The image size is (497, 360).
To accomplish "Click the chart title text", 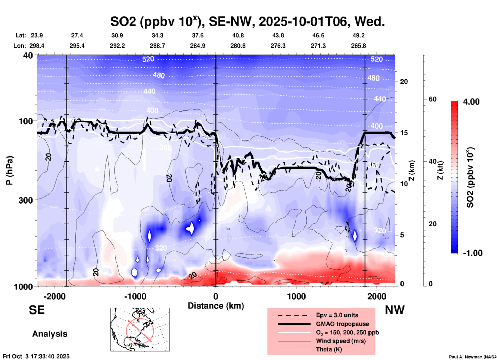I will [x=247, y=21].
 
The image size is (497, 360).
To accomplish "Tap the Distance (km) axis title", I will [x=216, y=306].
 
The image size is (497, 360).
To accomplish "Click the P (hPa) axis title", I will [x=10, y=170].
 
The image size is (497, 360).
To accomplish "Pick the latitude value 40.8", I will [x=238, y=35].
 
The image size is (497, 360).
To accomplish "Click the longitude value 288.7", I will [x=157, y=46].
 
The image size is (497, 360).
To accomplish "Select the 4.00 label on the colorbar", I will [x=471, y=101].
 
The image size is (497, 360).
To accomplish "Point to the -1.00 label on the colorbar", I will [x=472, y=253].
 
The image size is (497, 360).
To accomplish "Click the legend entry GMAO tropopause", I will [x=342, y=324].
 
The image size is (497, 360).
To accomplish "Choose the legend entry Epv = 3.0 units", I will [x=337, y=315].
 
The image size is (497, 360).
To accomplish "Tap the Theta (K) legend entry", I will [x=329, y=349].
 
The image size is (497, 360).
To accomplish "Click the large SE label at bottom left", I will [x=37, y=310].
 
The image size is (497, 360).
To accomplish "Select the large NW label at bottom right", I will [x=395, y=310].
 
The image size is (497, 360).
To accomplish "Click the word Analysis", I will [x=50, y=334].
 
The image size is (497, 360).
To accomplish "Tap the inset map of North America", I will [x=140, y=330].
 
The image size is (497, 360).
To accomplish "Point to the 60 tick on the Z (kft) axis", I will [x=432, y=99].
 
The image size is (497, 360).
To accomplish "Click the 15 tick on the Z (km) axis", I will [x=404, y=133].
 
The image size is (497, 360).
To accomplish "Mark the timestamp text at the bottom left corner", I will [x=36, y=356].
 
